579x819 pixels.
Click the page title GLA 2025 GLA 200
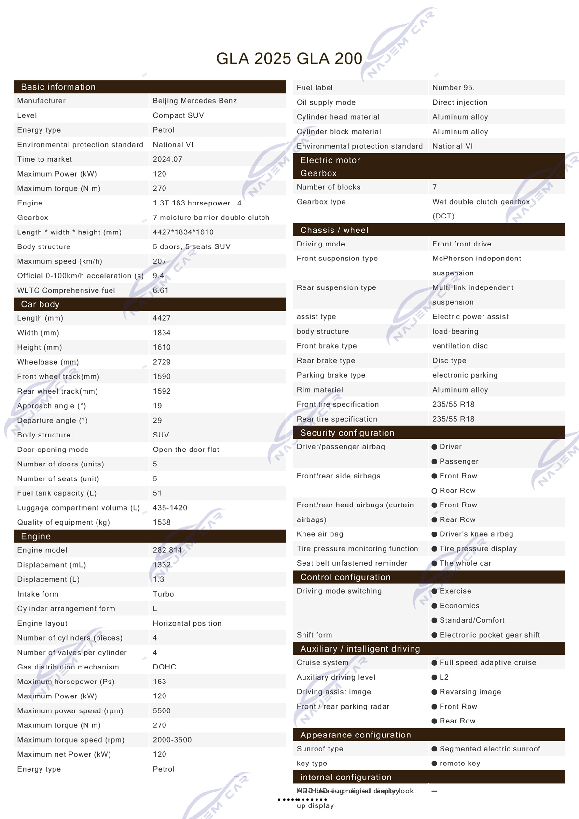pos(289,58)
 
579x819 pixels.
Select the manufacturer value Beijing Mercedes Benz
pos(194,101)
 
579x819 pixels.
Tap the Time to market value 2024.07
pos(167,159)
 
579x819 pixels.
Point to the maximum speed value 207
pos(159,261)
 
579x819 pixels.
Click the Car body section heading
pos(40,304)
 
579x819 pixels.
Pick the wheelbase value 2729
pos(162,362)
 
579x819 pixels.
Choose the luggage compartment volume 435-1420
pos(170,508)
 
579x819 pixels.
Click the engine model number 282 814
pos(167,550)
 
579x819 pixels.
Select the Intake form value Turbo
pos(163,594)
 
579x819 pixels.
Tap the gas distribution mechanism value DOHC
pos(164,667)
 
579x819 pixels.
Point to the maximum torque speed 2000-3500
pos(172,740)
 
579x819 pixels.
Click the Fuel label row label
pos(315,88)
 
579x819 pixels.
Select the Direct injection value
pos(460,102)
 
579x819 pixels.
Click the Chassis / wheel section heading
pos(334,230)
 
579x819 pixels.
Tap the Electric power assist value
pos(470,317)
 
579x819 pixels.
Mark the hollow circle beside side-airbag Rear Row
pos(434,491)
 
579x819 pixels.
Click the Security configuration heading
pos(347,433)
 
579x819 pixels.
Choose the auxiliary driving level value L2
pos(444,677)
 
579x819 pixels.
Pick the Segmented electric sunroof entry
pos(490,749)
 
